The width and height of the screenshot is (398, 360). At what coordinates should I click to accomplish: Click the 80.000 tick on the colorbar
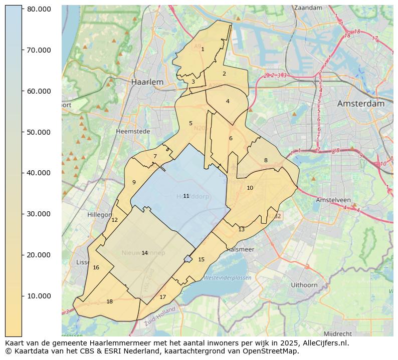point(38,10)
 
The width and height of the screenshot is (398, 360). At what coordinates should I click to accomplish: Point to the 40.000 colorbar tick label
point(38,173)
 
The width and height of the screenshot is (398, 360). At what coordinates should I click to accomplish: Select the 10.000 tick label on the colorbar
point(38,296)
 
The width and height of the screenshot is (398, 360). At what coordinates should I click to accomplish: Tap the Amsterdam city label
point(360,104)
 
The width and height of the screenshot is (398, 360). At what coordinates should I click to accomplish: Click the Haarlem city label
point(147,82)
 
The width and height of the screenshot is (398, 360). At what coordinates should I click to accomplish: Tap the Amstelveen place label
point(333,200)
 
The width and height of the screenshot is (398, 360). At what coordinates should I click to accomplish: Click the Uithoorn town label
point(304,285)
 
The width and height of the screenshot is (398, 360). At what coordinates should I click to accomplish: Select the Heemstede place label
point(133,131)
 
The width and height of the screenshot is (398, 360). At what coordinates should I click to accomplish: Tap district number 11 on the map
point(186,196)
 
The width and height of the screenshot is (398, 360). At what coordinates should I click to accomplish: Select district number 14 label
point(144,253)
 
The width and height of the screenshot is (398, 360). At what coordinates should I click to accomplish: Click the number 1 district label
point(203,49)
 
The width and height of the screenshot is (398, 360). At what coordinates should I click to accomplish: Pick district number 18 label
point(109,301)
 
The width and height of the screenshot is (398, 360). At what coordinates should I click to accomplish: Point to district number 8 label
point(266,160)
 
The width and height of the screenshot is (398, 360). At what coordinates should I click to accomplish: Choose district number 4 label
point(228,101)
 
